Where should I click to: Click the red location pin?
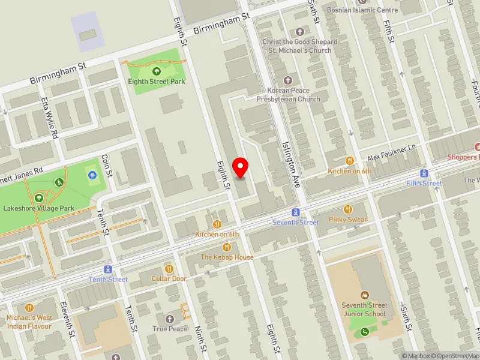241,167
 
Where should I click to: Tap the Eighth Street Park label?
157,82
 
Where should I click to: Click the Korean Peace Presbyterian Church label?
288,95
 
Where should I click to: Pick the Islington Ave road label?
290,162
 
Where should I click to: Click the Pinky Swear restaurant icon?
348,209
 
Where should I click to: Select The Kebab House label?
227,257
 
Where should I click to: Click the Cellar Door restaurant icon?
169,269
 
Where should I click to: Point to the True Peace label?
170,329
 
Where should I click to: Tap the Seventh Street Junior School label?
364,309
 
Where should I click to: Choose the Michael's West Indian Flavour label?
29,322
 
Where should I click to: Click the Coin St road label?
107,165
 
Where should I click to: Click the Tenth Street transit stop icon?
108,269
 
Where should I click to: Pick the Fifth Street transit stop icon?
424,173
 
